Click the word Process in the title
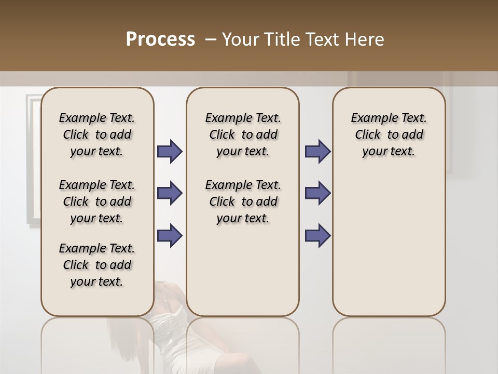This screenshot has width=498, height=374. pyautogui.click(x=160, y=39)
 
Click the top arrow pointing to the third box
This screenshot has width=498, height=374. pyautogui.click(x=318, y=151)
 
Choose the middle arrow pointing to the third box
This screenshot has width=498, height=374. pyautogui.click(x=318, y=194)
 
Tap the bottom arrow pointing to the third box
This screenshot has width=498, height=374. pyautogui.click(x=318, y=235)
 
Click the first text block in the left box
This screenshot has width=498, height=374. pyautogui.click(x=97, y=135)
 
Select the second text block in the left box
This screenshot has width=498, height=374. pyautogui.click(x=97, y=202)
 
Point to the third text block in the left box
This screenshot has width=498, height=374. pyautogui.click(x=97, y=265)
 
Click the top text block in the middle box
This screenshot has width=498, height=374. pyautogui.click(x=243, y=135)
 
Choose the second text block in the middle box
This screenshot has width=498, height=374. pyautogui.click(x=243, y=202)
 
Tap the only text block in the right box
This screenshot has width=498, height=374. pyautogui.click(x=389, y=135)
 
